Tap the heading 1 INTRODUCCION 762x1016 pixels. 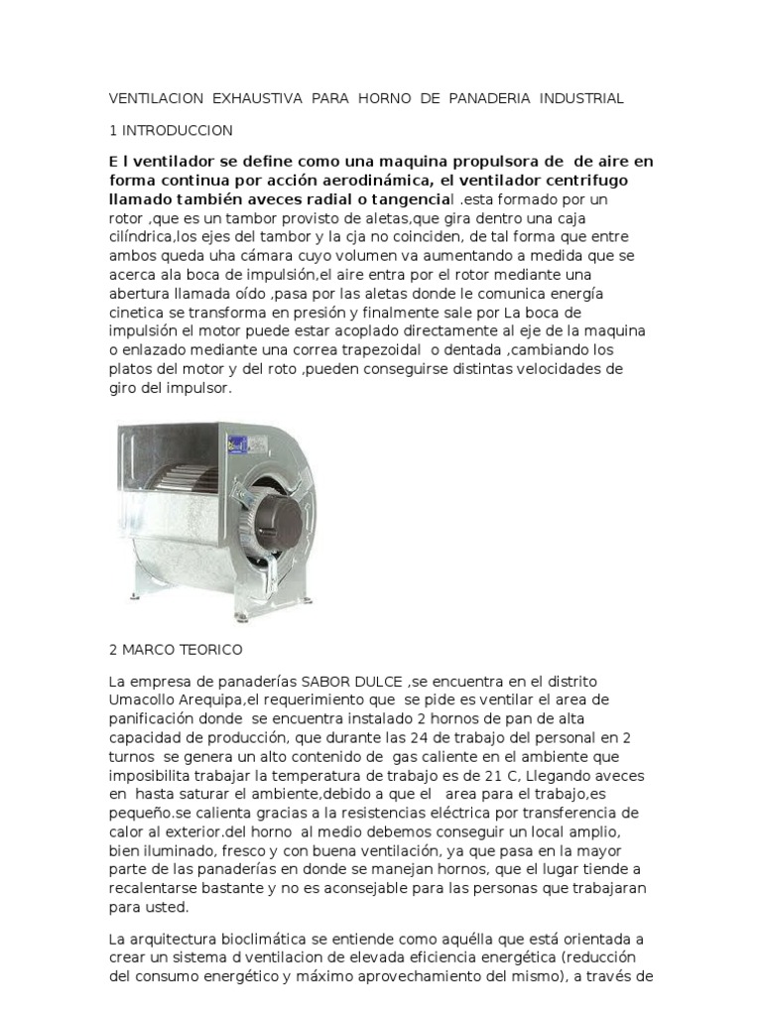pos(170,130)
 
